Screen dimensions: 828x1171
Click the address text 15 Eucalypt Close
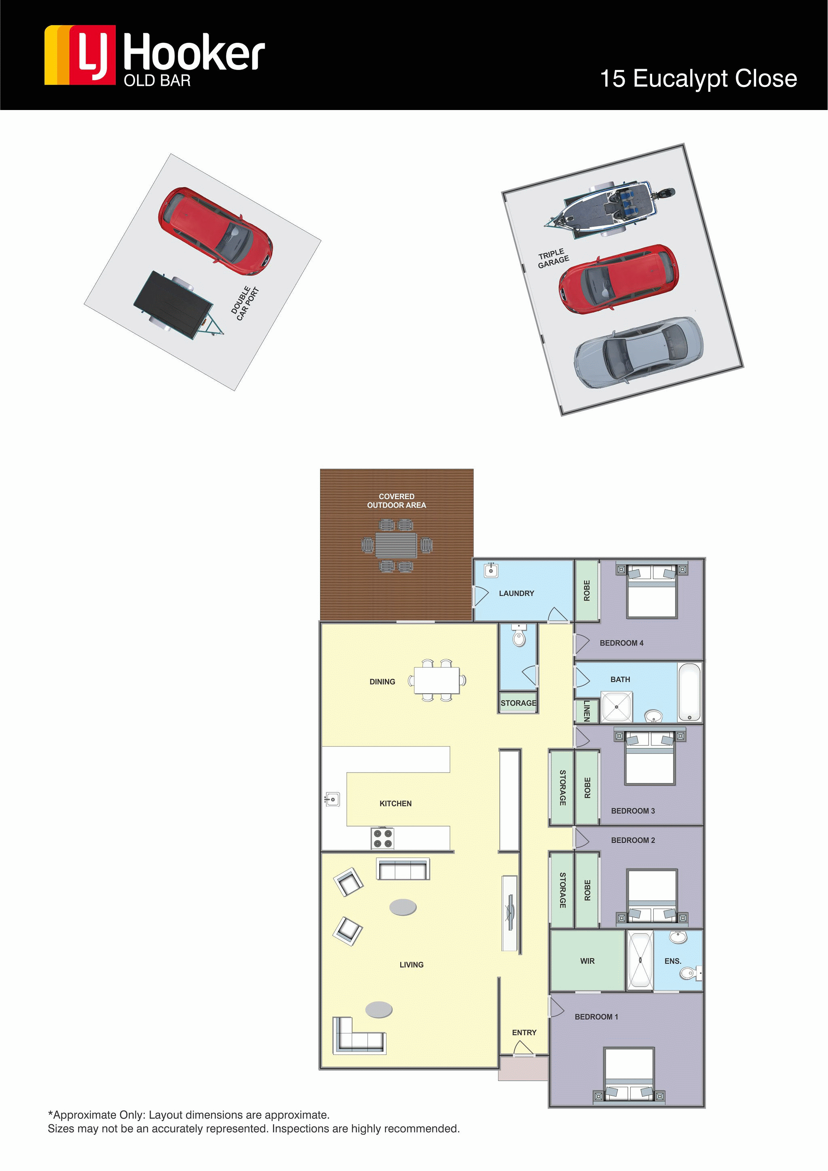point(698,79)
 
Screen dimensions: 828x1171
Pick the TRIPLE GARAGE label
point(553,258)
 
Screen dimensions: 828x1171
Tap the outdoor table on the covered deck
point(396,545)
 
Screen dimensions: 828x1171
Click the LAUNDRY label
point(516,593)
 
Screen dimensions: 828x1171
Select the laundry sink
point(490,570)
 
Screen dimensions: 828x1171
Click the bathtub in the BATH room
point(689,692)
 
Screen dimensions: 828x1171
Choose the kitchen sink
point(332,799)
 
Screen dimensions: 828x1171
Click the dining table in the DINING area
point(436,680)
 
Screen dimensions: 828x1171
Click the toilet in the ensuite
point(689,974)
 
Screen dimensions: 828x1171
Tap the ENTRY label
point(524,1032)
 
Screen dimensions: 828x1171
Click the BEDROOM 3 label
point(633,811)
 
